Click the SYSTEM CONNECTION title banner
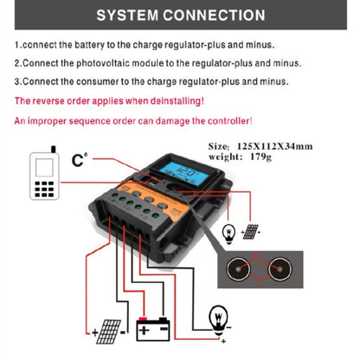click(x=180, y=16)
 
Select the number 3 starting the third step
click(x=17, y=81)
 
